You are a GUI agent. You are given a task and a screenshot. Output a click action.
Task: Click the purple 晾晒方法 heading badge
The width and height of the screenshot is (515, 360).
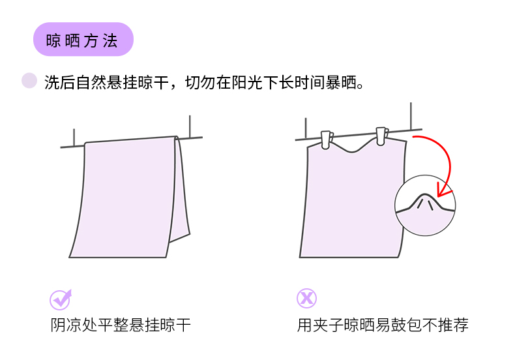(83, 40)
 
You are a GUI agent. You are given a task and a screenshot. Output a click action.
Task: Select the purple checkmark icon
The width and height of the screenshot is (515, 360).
(61, 299)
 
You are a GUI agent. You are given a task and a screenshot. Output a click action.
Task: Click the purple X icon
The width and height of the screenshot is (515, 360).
(306, 299)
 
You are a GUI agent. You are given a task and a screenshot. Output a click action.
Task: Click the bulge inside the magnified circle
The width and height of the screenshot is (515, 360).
(425, 199)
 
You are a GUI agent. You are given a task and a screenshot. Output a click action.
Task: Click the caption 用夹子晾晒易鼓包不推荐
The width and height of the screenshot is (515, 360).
(383, 325)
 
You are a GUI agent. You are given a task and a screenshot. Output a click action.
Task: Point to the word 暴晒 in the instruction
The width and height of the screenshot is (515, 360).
(344, 83)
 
